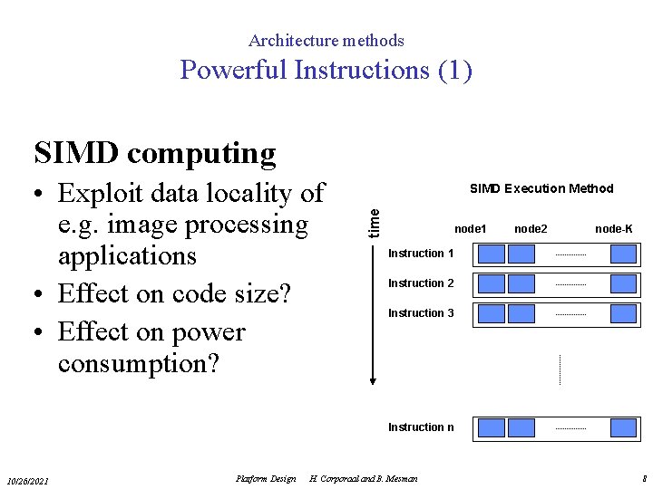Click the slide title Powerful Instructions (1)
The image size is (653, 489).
[326, 70]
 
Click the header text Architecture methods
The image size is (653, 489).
[326, 41]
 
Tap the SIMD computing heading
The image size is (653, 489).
[154, 153]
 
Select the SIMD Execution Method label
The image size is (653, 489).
[541, 189]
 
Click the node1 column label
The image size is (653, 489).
[470, 229]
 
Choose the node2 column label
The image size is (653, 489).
[531, 229]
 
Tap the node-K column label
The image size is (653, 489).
[614, 229]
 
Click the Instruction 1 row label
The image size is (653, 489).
[421, 254]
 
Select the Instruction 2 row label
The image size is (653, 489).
[421, 283]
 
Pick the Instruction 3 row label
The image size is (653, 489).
[421, 313]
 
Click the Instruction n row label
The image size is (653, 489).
[421, 427]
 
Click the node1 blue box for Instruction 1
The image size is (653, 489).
[491, 254]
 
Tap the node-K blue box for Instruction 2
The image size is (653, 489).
[623, 283]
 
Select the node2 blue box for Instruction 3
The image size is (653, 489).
[521, 313]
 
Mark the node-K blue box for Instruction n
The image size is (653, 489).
[623, 427]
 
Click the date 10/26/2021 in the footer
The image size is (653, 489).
[28, 480]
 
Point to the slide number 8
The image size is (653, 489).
[643, 479]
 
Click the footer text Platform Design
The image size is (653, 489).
[265, 479]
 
